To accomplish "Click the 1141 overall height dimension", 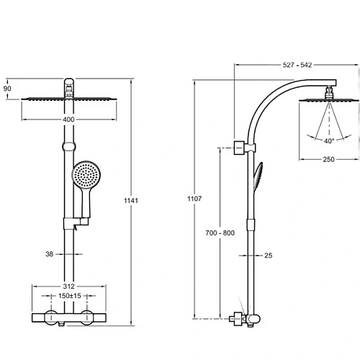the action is tap(131, 200).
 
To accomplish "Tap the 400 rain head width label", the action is tap(68, 120).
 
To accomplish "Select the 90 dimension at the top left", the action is tap(7, 89).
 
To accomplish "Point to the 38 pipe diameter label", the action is tap(50, 254).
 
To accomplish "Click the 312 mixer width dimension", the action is tap(69, 286).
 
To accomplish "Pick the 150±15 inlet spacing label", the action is tap(70, 296).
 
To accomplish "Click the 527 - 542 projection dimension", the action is tap(297, 65).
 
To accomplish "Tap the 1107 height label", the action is tap(194, 199).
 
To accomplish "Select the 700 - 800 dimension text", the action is tap(220, 233).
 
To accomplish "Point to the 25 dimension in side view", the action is tap(269, 256).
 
